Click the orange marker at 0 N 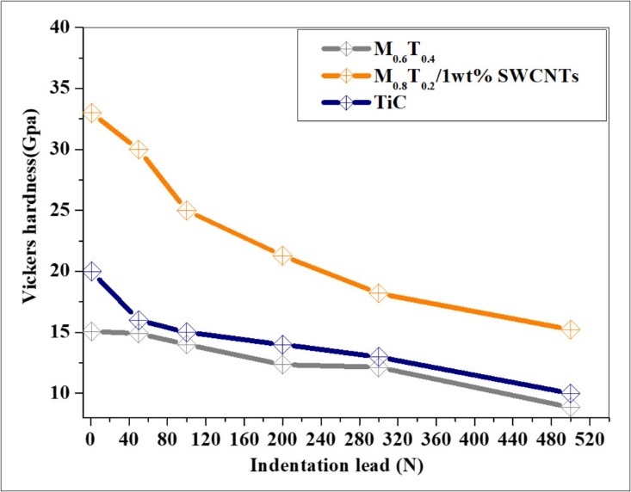point(90,114)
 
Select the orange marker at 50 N point(138,150)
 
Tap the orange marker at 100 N point(186,211)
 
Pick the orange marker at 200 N point(281,255)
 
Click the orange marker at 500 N point(570,329)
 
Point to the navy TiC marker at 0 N point(90,272)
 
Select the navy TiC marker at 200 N point(281,345)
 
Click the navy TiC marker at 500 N point(570,393)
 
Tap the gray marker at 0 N point(90,332)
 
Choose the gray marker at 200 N point(281,364)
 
